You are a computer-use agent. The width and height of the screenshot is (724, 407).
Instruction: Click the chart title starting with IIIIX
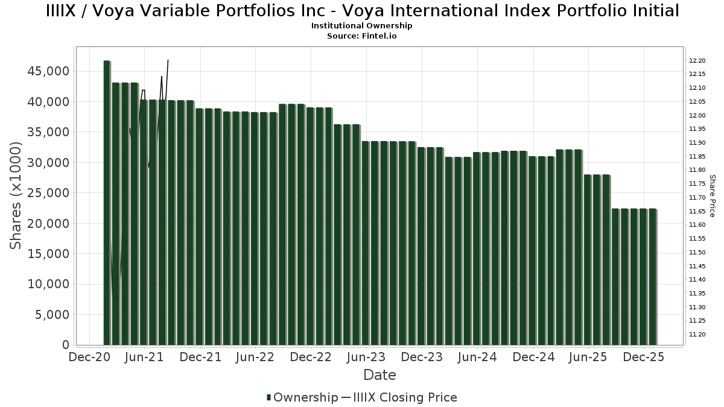point(362,11)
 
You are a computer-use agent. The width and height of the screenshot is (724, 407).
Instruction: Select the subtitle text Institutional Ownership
point(362,26)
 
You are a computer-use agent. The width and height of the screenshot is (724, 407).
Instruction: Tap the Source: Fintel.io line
point(362,36)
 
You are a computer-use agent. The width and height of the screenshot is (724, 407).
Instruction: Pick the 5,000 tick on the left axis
point(53,315)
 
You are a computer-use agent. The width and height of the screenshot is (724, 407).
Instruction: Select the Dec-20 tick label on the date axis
point(89,357)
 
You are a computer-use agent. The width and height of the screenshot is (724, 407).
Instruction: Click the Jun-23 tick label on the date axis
point(366,357)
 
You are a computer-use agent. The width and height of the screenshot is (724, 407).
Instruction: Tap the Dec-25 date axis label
point(644,357)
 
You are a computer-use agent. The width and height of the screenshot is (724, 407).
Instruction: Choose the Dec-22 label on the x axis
point(311,357)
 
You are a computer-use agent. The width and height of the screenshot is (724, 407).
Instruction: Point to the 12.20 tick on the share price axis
point(697,61)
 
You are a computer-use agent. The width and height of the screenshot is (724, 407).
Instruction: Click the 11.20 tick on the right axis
point(697,334)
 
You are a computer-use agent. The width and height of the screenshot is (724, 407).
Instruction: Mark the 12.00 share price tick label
point(697,116)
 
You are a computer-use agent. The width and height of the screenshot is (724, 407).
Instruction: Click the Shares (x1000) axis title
point(16,195)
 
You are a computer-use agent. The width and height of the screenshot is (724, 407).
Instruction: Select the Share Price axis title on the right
point(712,195)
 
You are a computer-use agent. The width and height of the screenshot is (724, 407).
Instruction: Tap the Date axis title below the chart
point(379,375)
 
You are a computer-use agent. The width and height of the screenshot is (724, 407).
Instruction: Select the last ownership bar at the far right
point(653,277)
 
